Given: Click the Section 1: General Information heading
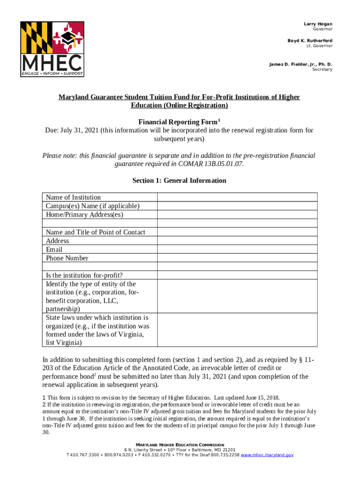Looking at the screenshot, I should click(x=179, y=181).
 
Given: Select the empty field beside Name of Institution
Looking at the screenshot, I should click(x=237, y=197).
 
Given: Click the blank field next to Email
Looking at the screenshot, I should click(x=237, y=249).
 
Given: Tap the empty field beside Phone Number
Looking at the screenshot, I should click(x=237, y=258).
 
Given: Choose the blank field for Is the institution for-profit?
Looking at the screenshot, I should click(x=237, y=276).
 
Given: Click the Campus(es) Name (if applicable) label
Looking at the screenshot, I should click(x=93, y=206).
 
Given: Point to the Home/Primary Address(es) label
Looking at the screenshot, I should click(x=85, y=215).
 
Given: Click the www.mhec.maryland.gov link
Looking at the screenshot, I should click(x=266, y=455).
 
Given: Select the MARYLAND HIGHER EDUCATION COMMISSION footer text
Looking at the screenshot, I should click(x=180, y=444).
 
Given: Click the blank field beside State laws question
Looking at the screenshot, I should click(x=237, y=330).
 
